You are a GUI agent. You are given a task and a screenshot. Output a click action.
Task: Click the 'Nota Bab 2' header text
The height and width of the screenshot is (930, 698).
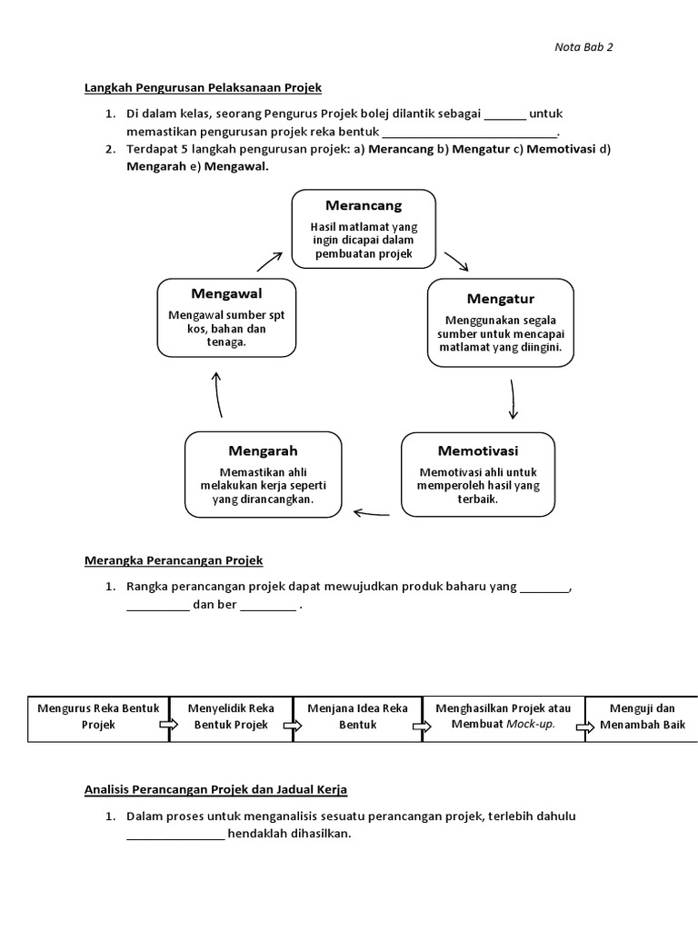[583, 47]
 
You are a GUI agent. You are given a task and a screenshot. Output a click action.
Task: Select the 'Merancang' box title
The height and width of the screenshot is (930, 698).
[364, 206]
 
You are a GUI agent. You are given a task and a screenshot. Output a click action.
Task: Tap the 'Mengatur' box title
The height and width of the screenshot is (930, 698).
[501, 299]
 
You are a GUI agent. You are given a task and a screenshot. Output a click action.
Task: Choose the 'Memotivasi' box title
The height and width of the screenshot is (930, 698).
[479, 450]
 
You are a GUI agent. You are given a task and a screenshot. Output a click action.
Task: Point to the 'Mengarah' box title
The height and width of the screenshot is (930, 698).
[263, 450]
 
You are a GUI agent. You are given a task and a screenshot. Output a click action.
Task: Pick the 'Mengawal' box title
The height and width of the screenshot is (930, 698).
[226, 293]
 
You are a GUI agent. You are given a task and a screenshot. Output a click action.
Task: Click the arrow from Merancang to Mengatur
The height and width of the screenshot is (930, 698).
[456, 263]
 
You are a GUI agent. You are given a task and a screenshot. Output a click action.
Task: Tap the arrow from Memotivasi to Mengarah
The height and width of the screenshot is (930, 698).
[372, 513]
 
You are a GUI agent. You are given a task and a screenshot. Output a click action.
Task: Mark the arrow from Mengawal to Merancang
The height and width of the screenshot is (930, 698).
[270, 261]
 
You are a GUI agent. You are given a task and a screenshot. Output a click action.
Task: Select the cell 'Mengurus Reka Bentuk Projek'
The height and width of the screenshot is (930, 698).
[99, 717]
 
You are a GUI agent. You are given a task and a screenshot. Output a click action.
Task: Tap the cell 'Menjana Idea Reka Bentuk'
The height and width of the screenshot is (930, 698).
[357, 717]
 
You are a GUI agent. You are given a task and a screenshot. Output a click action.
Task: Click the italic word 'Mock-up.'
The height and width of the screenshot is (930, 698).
[527, 725]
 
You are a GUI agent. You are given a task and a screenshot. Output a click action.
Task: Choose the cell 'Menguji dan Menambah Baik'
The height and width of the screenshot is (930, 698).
[641, 717]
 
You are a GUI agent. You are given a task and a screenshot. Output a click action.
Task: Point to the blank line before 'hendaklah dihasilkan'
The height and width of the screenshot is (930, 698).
[175, 836]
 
